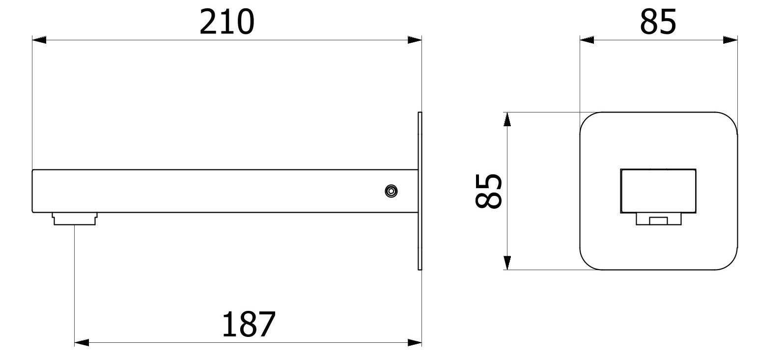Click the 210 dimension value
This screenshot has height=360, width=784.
(226, 23)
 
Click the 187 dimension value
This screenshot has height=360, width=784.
(249, 324)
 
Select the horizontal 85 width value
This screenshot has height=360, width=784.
(658, 23)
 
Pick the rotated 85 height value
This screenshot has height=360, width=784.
(489, 191)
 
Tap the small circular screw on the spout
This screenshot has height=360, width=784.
(391, 192)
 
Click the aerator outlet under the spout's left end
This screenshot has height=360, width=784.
(75, 218)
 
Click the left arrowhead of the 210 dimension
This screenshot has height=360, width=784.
(39, 40)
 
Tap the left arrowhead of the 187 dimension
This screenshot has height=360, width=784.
(81, 342)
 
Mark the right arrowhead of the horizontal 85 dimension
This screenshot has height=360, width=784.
(730, 40)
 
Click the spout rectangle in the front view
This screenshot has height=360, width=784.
(658, 191)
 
